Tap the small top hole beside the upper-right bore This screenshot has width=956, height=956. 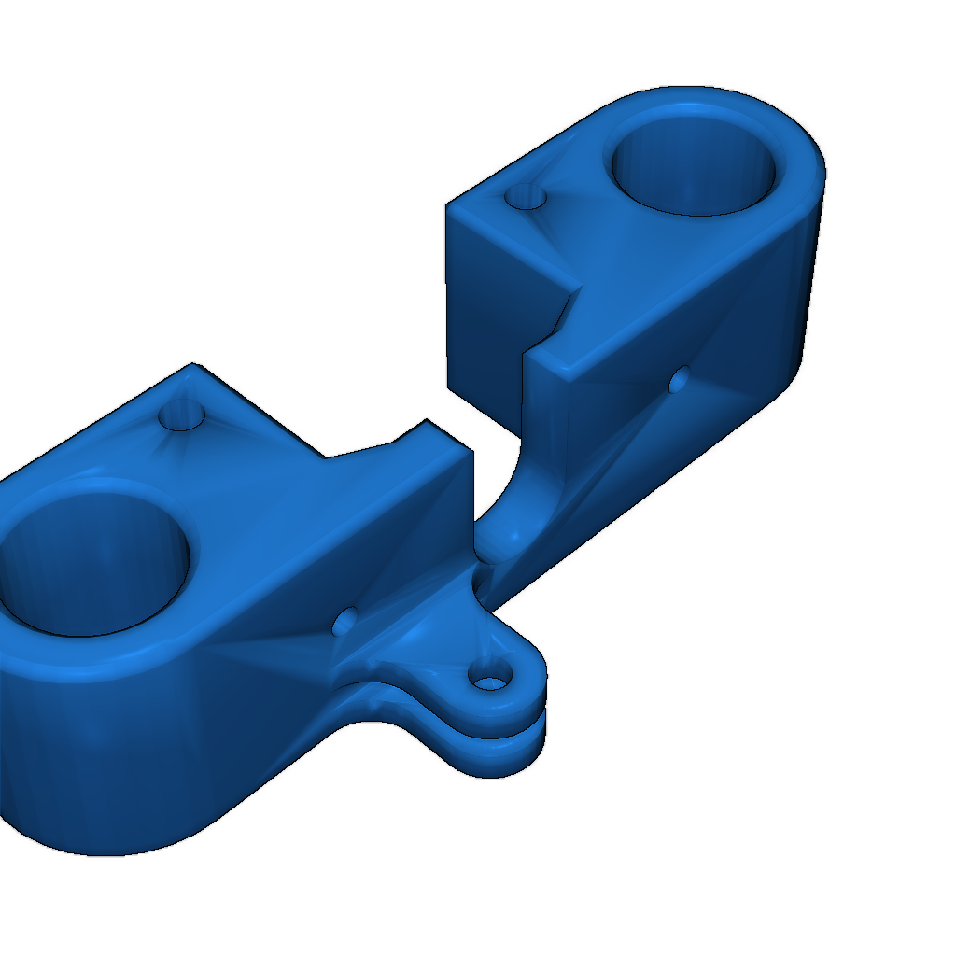(x=524, y=197)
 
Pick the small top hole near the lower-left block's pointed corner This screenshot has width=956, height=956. (x=183, y=414)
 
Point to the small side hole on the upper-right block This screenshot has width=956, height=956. (x=680, y=379)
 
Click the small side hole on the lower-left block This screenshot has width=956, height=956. (x=344, y=621)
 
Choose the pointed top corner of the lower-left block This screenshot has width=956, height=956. (x=194, y=366)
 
